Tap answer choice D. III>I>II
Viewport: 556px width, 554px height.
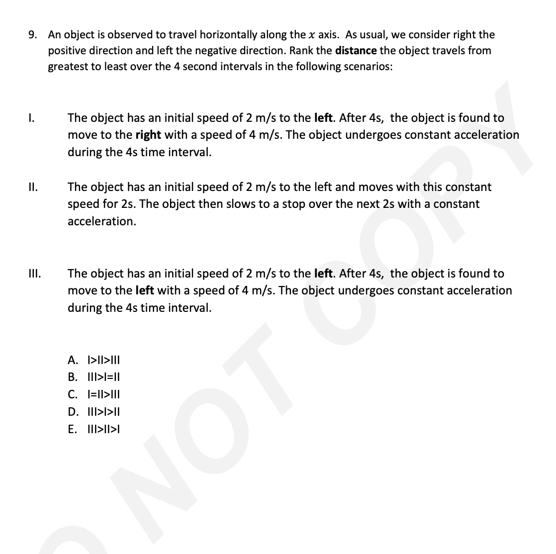[x=94, y=412]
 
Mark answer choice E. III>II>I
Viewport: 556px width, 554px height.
[x=94, y=429]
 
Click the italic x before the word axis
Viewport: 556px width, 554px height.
[x=311, y=35]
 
